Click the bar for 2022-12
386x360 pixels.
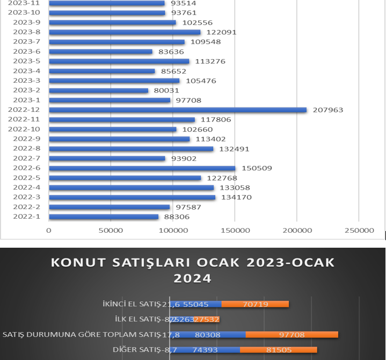click(x=177, y=110)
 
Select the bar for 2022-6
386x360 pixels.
click(x=142, y=168)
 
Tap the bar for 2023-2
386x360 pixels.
click(x=98, y=90)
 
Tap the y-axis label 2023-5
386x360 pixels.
click(x=26, y=61)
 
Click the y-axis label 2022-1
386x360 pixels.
click(x=26, y=217)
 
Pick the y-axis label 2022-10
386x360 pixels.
click(x=25, y=129)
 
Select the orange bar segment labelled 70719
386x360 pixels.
click(x=256, y=304)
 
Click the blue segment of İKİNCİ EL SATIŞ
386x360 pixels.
click(x=195, y=304)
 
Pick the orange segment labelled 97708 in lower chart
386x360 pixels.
click(x=292, y=335)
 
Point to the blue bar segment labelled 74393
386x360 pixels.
click(x=205, y=350)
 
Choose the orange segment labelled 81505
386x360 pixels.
click(x=279, y=350)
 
